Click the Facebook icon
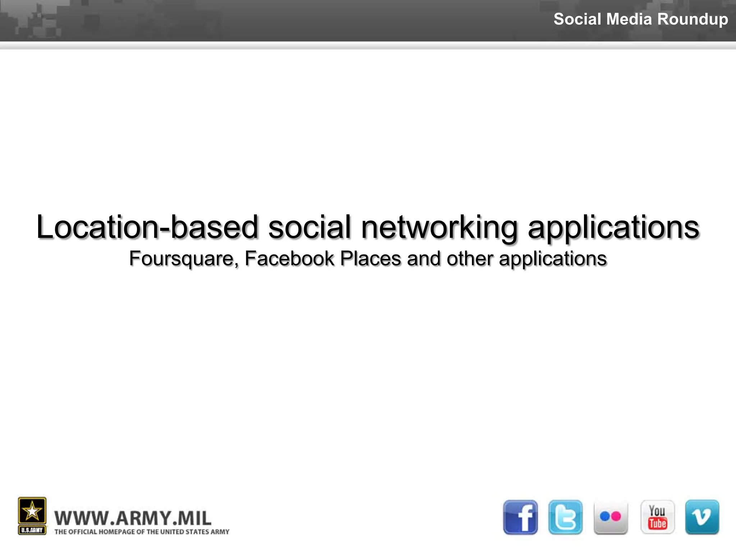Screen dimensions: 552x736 pyautogui.click(x=520, y=517)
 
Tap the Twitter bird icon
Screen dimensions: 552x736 pyautogui.click(x=565, y=517)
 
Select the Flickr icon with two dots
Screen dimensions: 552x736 pyautogui.click(x=611, y=517)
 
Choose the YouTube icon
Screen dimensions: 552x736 pyautogui.click(x=657, y=517)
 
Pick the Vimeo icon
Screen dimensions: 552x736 pyautogui.click(x=702, y=517)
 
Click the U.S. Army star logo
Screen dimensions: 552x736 pyautogui.click(x=32, y=515)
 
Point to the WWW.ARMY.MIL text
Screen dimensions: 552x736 pyautogui.click(x=133, y=518)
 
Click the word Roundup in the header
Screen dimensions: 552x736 pyautogui.click(x=693, y=19)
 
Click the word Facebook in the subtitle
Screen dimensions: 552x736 pyautogui.click(x=289, y=258)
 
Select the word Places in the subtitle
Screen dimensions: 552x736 pyautogui.click(x=370, y=258)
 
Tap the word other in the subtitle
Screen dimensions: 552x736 pyautogui.click(x=469, y=258)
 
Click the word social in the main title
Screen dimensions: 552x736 pyautogui.click(x=309, y=227)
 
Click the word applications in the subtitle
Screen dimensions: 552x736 pyautogui.click(x=553, y=259)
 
